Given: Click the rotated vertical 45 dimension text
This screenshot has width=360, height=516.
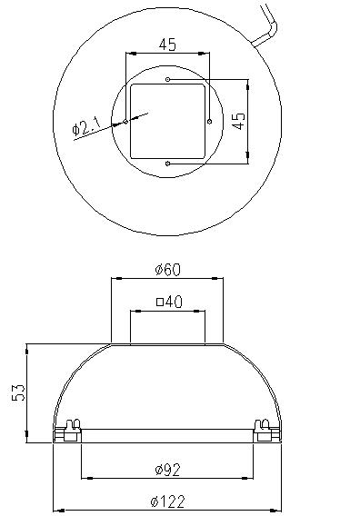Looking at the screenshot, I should (x=237, y=122).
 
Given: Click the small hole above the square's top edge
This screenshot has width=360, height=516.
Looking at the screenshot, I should (x=168, y=79).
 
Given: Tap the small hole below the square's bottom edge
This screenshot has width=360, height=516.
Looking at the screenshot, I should (x=168, y=164).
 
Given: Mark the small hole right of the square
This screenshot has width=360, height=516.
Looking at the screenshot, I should (x=210, y=121).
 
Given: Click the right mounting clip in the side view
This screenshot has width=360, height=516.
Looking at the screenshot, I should (x=266, y=429).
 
